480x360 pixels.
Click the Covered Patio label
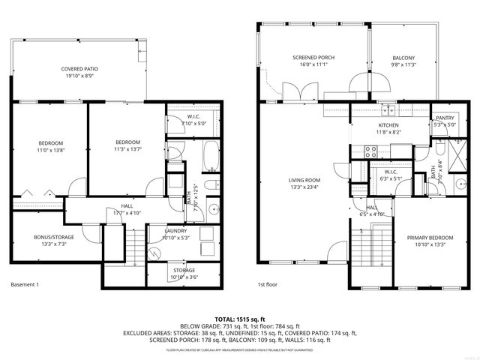(x=80, y=72)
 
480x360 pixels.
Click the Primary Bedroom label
(x=427, y=242)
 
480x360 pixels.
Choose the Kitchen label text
(x=388, y=128)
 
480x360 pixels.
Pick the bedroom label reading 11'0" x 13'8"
(x=51, y=146)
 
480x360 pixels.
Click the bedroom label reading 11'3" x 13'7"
(x=127, y=145)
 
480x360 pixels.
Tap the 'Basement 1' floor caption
(x=27, y=284)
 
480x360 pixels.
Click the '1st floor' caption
(x=268, y=284)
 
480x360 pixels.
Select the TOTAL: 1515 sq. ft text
(x=240, y=319)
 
